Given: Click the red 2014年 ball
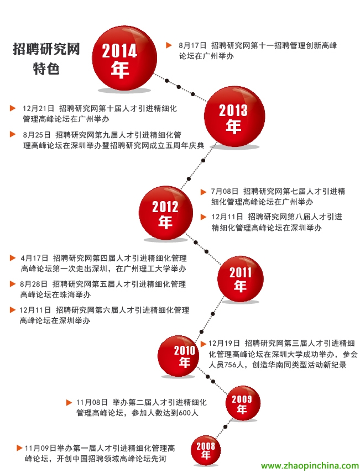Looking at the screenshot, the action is tap(124, 59).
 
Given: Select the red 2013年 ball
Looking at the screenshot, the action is tap(234, 117).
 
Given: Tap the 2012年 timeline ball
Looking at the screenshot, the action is tap(166, 213).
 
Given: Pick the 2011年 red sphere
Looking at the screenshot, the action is tap(241, 279).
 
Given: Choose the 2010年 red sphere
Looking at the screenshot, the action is tap(179, 356).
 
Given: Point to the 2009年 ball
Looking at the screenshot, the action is tap(243, 403).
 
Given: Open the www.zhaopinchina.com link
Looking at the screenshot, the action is tap(310, 466).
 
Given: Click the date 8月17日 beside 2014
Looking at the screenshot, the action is tap(192, 46).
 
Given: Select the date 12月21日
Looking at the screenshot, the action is tap(38, 108).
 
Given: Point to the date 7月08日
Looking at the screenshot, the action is tap(225, 191).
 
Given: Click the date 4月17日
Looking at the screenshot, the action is tap(34, 258).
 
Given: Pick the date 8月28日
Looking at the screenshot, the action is tap(34, 284).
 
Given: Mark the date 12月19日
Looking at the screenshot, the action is tap(224, 344).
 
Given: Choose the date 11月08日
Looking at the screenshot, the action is tap(92, 402).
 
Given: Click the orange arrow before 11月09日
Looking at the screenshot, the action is tap(19, 448).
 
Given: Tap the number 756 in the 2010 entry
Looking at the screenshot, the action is tap(231, 365).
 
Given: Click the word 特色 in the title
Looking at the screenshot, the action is tap(46, 69).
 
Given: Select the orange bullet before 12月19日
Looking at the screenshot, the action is tap(204, 344).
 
